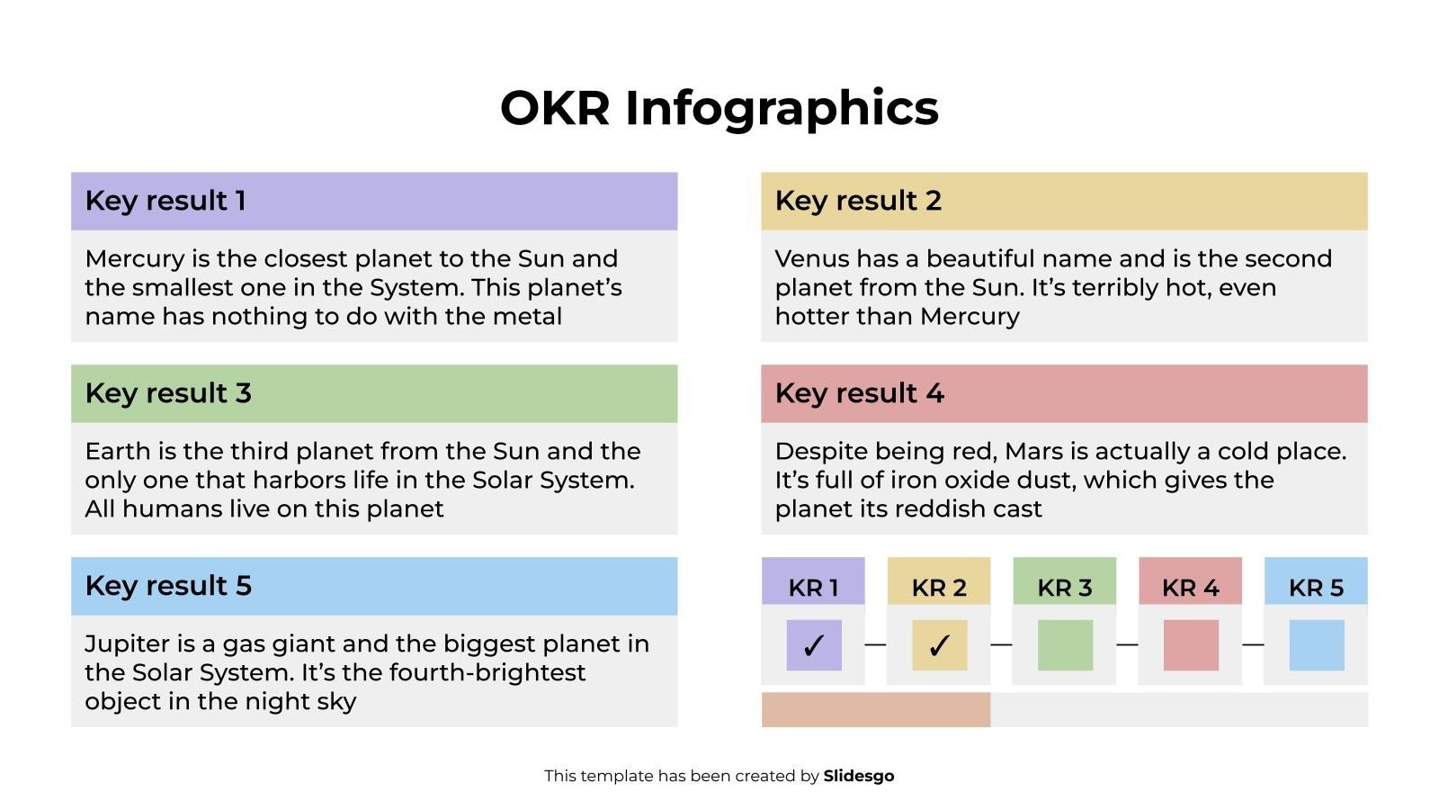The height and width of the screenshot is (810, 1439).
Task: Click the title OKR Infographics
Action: pyautogui.click(x=719, y=108)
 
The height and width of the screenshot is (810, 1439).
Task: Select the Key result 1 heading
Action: pyautogui.click(x=165, y=201)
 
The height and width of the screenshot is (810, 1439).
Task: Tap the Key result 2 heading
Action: pyautogui.click(x=858, y=201)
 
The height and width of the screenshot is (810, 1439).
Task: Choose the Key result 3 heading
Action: pyautogui.click(x=168, y=393)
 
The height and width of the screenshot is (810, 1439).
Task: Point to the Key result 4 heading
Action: pyautogui.click(x=859, y=393)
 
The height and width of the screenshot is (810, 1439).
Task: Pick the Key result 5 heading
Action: pyautogui.click(x=168, y=586)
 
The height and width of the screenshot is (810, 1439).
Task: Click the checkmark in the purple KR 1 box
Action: pyautogui.click(x=814, y=645)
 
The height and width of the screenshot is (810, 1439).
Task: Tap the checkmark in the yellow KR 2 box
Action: pyautogui.click(x=939, y=645)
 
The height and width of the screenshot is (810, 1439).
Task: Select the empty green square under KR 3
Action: pyautogui.click(x=1065, y=645)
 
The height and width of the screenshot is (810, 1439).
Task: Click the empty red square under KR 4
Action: pyautogui.click(x=1191, y=645)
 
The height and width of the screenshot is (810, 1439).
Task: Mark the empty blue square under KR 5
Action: pyautogui.click(x=1317, y=645)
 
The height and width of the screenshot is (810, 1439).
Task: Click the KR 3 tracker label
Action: pyautogui.click(x=1065, y=588)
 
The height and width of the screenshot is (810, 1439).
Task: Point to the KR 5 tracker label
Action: pyautogui.click(x=1316, y=588)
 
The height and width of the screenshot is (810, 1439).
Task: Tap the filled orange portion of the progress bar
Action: pyautogui.click(x=875, y=710)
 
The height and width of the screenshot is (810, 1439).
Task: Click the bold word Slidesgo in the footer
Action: pyautogui.click(x=859, y=776)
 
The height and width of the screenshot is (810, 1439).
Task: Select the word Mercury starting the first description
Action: pyautogui.click(x=135, y=259)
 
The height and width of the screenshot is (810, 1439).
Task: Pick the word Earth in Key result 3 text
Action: pyautogui.click(x=114, y=452)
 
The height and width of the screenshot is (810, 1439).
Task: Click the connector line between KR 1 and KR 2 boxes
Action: pyautogui.click(x=875, y=644)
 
